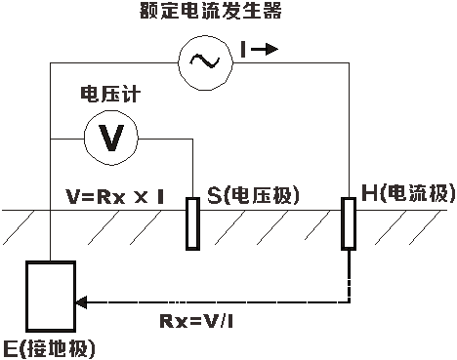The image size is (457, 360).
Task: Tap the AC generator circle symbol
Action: (206, 61)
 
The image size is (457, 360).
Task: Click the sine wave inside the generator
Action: (206, 61)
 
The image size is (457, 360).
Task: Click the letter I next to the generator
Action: (243, 50)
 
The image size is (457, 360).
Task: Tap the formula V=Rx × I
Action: (115, 196)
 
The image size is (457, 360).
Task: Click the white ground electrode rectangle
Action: (51, 296)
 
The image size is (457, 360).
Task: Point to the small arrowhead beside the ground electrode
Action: (81, 303)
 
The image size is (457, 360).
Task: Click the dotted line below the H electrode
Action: (348, 273)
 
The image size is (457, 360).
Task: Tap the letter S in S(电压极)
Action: (214, 195)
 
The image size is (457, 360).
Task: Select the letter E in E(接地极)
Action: (11, 347)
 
